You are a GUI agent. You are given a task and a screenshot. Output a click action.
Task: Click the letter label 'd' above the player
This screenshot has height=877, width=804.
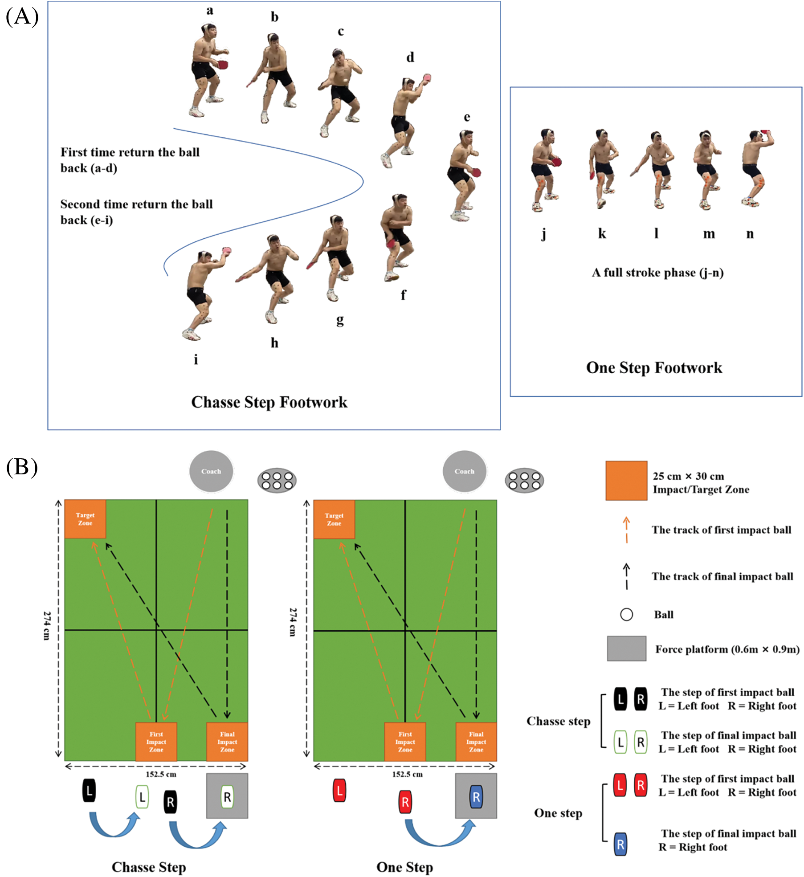click(410, 57)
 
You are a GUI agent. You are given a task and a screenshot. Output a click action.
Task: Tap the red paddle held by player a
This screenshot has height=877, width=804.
click(223, 65)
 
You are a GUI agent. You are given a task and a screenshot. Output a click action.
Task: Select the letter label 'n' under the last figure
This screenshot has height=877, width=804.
click(750, 233)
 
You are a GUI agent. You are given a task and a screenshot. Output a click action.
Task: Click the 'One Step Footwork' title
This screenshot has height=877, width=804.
click(653, 367)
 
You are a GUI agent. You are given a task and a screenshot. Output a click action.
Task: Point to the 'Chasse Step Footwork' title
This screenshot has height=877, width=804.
click(269, 402)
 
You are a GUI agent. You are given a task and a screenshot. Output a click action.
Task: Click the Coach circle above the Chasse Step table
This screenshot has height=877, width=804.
click(211, 471)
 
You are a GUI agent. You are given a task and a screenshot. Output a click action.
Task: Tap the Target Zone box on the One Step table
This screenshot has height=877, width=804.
click(334, 519)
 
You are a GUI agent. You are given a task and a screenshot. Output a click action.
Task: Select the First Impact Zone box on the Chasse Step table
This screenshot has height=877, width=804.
click(156, 742)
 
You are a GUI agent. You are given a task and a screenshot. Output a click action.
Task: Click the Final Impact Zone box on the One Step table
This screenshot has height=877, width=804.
click(476, 742)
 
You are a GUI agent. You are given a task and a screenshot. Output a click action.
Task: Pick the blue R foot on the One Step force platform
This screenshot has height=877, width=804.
click(476, 797)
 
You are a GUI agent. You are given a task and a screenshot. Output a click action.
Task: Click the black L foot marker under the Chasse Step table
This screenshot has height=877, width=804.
click(89, 791)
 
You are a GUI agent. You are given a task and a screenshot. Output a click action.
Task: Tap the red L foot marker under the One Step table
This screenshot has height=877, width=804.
click(339, 791)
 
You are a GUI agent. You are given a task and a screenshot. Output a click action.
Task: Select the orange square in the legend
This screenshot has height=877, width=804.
click(626, 481)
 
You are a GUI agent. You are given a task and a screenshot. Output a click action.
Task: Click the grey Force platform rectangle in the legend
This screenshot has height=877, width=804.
click(626, 648)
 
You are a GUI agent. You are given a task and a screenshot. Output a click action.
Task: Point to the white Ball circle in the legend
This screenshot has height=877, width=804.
click(626, 615)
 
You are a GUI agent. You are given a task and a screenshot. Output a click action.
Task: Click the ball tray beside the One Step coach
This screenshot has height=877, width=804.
click(524, 481)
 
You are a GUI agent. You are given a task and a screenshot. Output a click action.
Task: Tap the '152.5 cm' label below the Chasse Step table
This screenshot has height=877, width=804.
click(161, 774)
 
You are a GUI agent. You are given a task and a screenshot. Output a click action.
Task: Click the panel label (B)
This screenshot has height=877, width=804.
click(22, 467)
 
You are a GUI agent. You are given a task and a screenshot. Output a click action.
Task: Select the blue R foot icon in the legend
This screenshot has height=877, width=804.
click(620, 844)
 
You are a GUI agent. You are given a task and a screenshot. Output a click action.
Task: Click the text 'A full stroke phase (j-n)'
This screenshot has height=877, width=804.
click(657, 273)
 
